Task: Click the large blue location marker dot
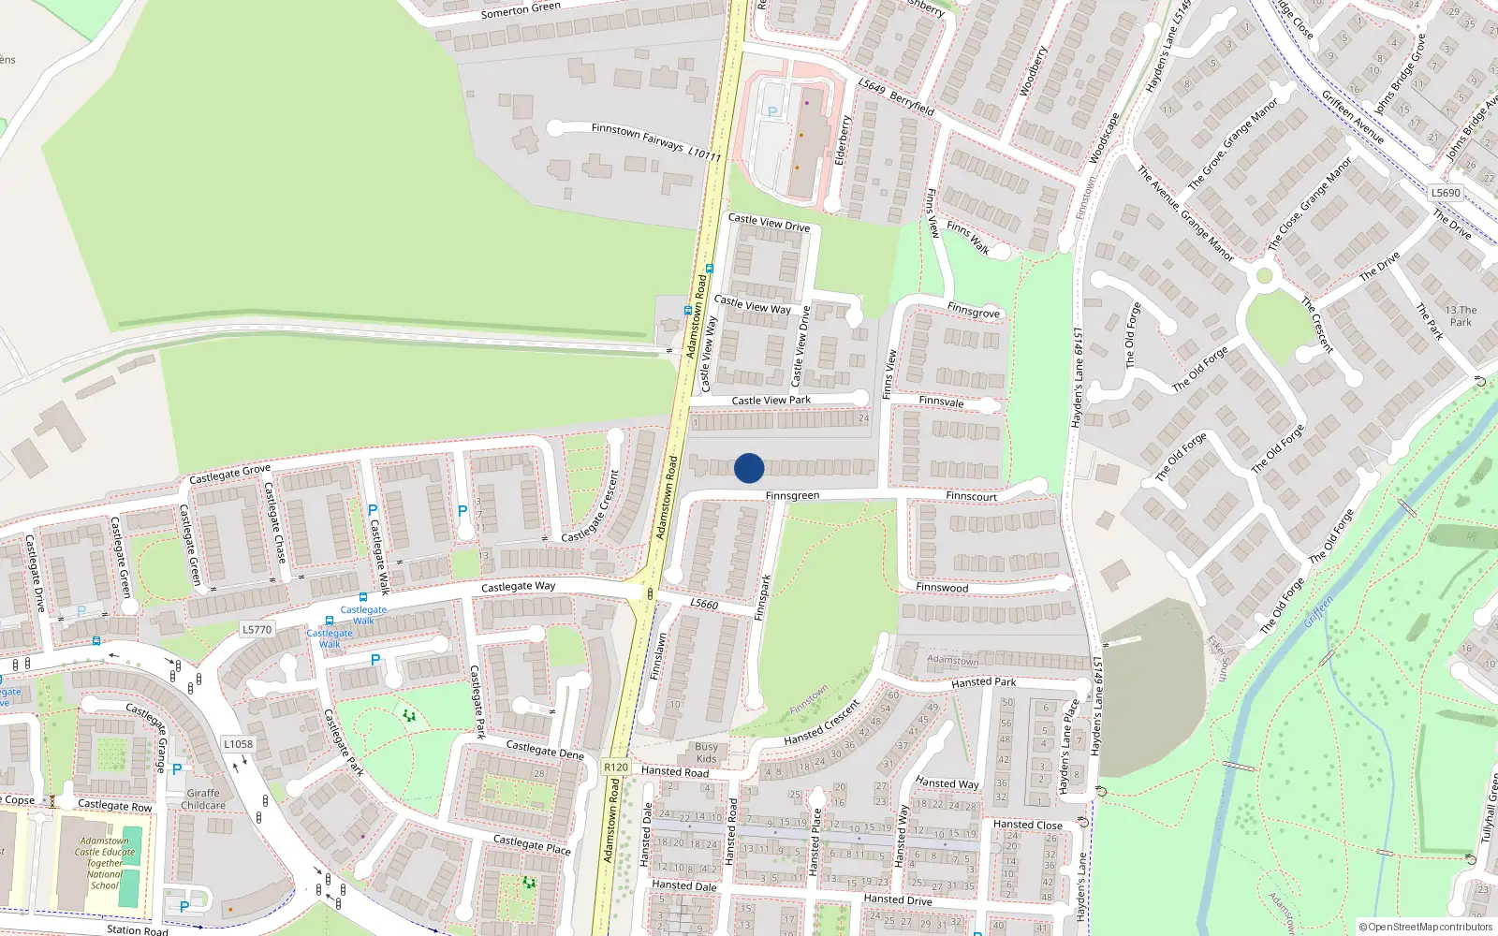point(749,468)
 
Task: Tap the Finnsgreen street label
point(792,496)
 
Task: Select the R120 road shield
point(616,767)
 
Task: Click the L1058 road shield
point(238,744)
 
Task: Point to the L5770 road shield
point(257,630)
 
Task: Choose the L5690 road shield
point(1446,193)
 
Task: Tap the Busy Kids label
point(706,753)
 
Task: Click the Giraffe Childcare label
point(203,799)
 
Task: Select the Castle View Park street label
point(771,401)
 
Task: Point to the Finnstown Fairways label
point(638,136)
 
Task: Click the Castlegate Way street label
point(518,587)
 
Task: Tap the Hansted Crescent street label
point(822,724)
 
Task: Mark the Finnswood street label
point(942,588)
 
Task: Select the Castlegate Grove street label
point(229,475)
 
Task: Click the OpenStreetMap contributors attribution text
point(1425,928)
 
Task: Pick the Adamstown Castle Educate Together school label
point(105,863)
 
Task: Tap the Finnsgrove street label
point(974,312)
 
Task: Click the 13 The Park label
point(1461,316)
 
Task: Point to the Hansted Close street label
point(1027,826)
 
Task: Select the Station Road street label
point(138,929)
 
